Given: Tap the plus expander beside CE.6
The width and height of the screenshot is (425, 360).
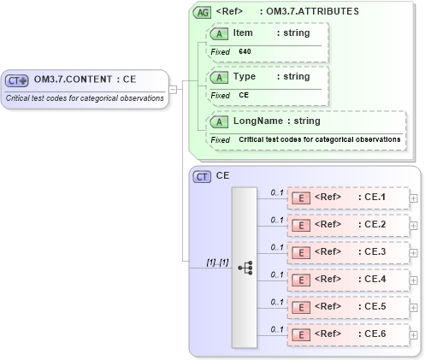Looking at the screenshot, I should tap(414, 334).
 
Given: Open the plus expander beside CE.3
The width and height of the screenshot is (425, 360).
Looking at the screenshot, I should tap(414, 252).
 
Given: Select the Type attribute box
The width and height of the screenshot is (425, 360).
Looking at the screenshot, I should tap(268, 85).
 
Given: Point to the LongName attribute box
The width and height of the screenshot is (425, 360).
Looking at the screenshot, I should tap(307, 129).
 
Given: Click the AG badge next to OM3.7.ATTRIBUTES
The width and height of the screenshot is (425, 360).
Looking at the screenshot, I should tap(203, 12).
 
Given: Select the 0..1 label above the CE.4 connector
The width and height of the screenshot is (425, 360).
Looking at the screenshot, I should tap(277, 274).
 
